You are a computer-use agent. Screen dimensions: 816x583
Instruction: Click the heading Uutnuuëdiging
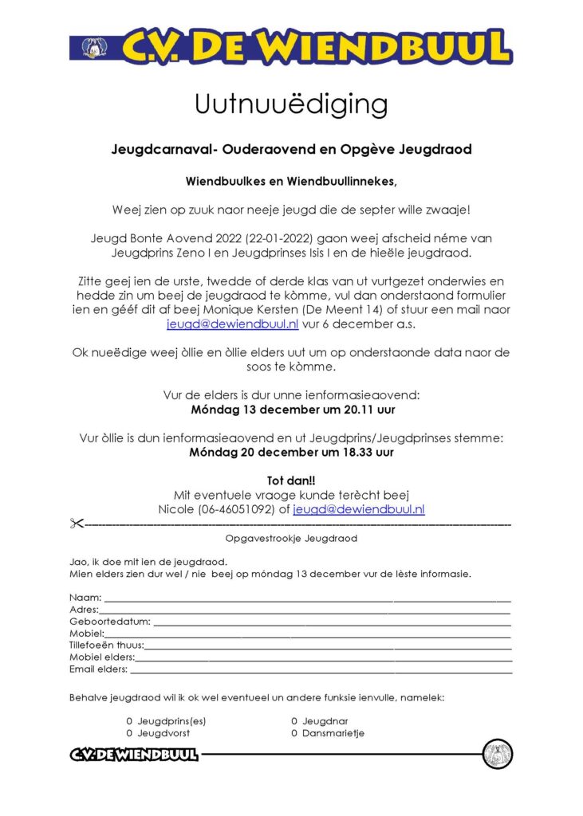[x=291, y=104]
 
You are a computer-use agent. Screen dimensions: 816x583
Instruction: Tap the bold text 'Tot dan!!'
[x=291, y=481]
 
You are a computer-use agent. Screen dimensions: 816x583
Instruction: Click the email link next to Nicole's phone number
[x=358, y=509]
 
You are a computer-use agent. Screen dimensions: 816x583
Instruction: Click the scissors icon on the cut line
[x=76, y=524]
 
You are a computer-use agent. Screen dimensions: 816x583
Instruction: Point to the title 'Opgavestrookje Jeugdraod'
[x=291, y=539]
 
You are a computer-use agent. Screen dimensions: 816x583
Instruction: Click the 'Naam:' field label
[x=85, y=597]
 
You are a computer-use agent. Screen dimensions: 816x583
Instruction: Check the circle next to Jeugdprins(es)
[x=129, y=720]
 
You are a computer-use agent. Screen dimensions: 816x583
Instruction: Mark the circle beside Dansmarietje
[x=294, y=732]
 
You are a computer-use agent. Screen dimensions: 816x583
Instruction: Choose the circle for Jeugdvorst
[x=129, y=732]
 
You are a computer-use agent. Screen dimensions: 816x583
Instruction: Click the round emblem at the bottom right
[x=497, y=754]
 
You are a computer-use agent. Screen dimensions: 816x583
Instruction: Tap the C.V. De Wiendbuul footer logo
[x=133, y=755]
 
